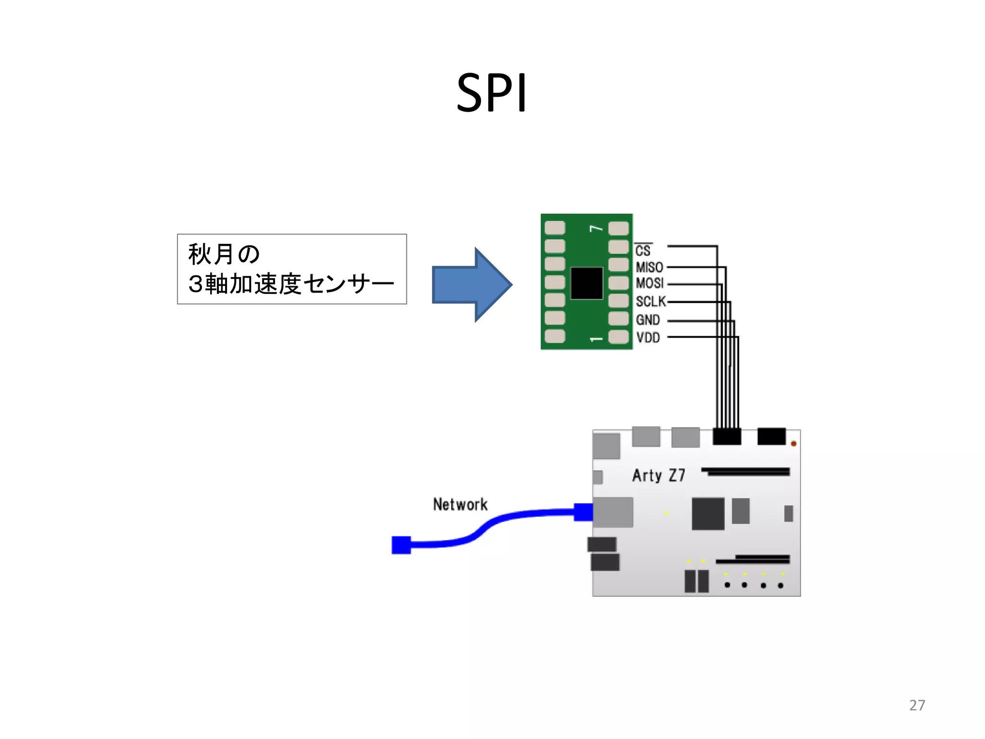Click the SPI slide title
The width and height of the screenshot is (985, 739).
pyautogui.click(x=492, y=93)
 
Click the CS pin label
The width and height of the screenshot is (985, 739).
pyautogui.click(x=643, y=251)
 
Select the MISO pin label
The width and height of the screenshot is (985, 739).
pyautogui.click(x=649, y=267)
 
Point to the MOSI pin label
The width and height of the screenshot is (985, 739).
pyautogui.click(x=649, y=283)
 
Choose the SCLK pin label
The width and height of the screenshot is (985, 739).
pyautogui.click(x=651, y=302)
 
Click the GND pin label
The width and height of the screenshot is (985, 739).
pyautogui.click(x=648, y=320)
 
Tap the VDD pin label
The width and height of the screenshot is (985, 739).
pyautogui.click(x=648, y=338)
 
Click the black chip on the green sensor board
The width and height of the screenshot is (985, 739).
pyautogui.click(x=587, y=283)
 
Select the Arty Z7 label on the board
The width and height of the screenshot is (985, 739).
pyautogui.click(x=658, y=475)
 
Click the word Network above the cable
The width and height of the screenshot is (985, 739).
pyautogui.click(x=460, y=504)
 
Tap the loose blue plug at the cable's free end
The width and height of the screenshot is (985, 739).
pyautogui.click(x=401, y=545)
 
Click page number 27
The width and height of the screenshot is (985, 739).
pyautogui.click(x=917, y=705)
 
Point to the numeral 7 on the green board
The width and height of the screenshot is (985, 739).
pyautogui.click(x=596, y=228)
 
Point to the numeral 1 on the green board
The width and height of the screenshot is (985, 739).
pyautogui.click(x=596, y=339)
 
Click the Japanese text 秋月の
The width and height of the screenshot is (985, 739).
pyautogui.click(x=224, y=254)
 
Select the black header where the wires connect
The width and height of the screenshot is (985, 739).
pyautogui.click(x=727, y=436)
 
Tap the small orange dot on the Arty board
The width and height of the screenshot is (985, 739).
pyautogui.click(x=794, y=444)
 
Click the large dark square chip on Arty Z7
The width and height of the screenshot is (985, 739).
pyautogui.click(x=708, y=514)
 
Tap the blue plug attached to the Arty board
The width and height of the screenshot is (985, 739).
pyautogui.click(x=583, y=512)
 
